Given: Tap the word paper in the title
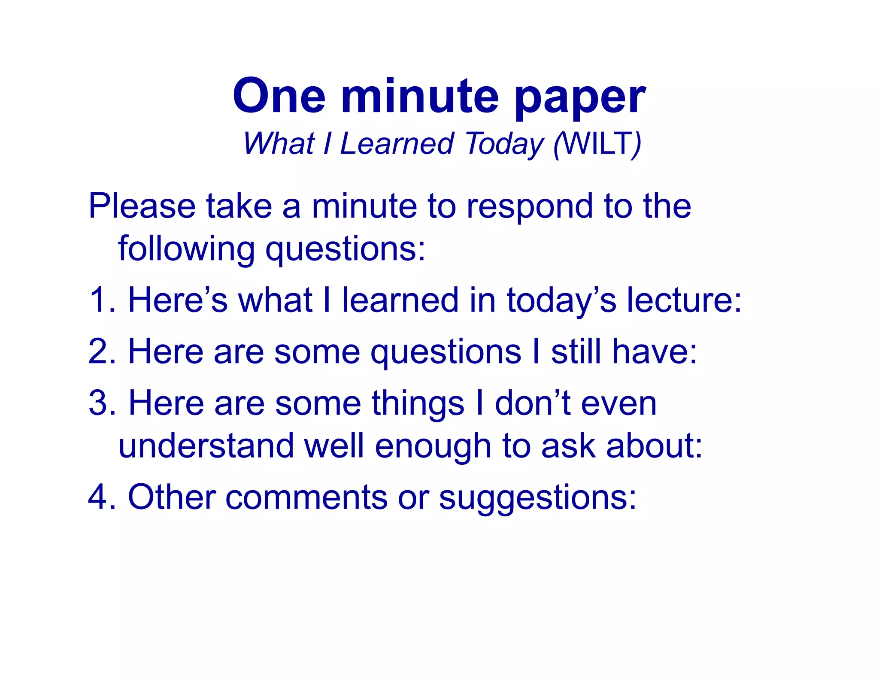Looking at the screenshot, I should click(x=579, y=98).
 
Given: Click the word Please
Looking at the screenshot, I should click(x=142, y=206).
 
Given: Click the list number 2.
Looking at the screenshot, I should click(x=100, y=352).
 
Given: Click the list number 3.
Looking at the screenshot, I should click(x=100, y=403).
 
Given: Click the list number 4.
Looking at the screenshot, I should click(x=100, y=497).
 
